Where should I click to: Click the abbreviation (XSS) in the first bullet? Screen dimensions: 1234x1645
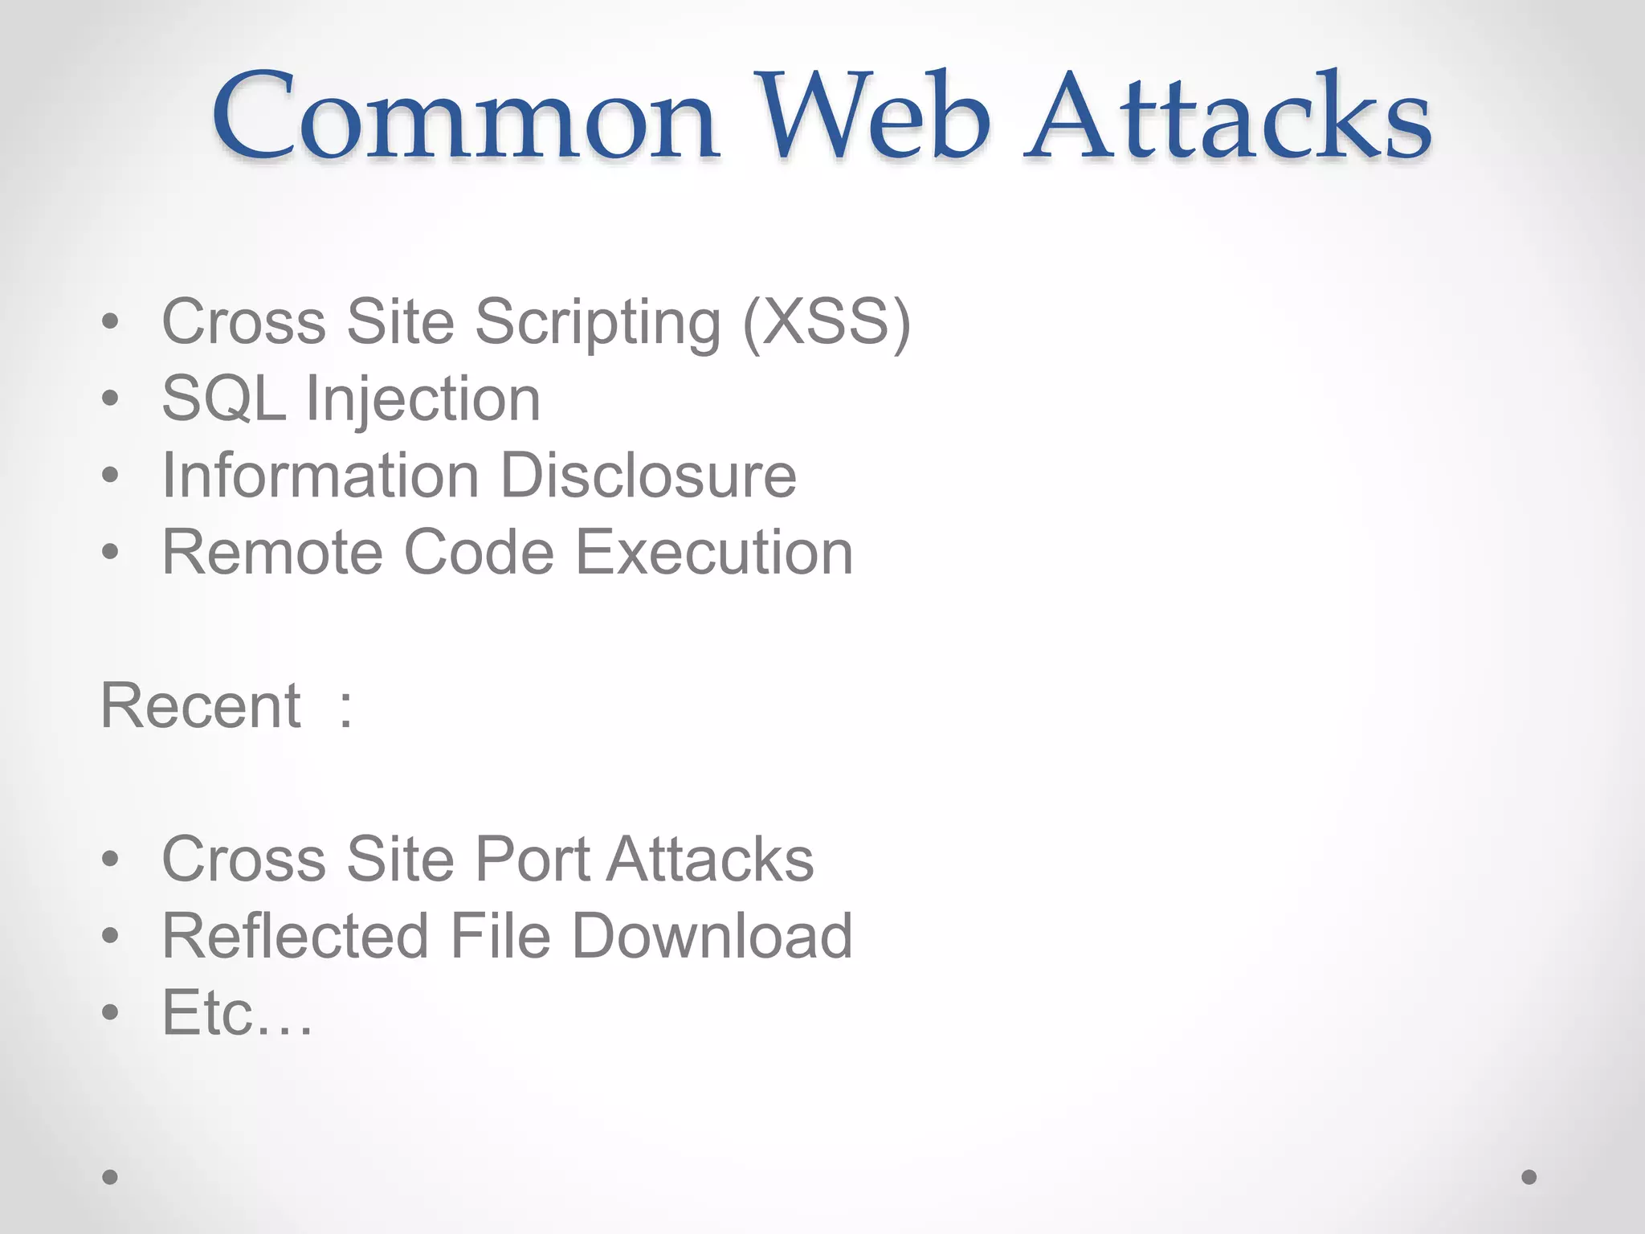click(x=827, y=322)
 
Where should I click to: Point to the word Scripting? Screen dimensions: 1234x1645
click(x=598, y=322)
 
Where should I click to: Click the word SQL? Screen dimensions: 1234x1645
click(x=224, y=398)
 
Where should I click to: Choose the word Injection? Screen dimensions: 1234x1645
click(x=423, y=398)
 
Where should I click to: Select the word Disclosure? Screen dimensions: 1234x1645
click(x=649, y=475)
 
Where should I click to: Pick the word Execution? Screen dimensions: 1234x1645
click(x=715, y=552)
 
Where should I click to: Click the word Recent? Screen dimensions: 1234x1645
click(x=201, y=705)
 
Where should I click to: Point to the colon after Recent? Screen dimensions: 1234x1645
click(x=345, y=707)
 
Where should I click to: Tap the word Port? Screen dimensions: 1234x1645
click(x=533, y=859)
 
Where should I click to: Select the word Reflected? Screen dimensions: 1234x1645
click(x=295, y=936)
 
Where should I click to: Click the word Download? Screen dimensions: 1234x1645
click(x=712, y=936)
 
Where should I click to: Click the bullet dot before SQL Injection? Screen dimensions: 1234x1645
click(x=111, y=398)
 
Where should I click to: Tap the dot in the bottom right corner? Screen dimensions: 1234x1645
click(x=1529, y=1177)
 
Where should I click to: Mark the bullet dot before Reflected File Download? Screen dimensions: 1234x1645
click(x=111, y=936)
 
